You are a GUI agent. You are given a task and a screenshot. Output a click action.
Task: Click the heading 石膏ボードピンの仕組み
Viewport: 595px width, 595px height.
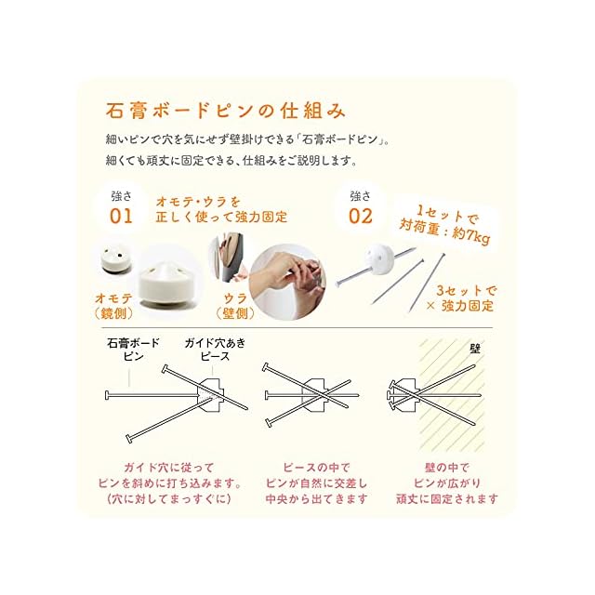(226, 111)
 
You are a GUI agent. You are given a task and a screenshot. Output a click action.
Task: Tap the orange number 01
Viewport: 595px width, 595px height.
(121, 217)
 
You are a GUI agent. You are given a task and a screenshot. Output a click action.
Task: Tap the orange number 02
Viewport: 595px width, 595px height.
(361, 217)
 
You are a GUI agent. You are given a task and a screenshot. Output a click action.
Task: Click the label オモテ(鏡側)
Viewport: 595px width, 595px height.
(113, 306)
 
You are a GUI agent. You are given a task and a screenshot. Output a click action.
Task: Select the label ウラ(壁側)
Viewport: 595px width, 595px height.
(235, 306)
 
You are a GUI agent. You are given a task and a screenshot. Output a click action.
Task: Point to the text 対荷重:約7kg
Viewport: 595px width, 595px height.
(444, 231)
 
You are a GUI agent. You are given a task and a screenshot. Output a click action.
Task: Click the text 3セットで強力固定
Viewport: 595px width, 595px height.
(462, 298)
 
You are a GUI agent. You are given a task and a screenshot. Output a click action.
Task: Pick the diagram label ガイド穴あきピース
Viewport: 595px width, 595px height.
(215, 350)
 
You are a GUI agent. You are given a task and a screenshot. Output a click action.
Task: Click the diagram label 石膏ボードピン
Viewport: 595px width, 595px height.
(133, 350)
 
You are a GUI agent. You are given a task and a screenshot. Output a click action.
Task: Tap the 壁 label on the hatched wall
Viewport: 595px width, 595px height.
(475, 349)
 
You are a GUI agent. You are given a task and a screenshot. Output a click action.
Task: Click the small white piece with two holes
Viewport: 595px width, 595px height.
(116, 259)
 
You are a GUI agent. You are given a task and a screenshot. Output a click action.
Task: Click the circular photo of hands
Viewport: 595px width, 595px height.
(287, 282)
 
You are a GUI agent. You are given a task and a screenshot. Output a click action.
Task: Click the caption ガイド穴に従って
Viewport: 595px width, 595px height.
(169, 468)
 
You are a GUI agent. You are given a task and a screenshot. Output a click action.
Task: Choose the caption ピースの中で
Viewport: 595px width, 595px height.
(316, 468)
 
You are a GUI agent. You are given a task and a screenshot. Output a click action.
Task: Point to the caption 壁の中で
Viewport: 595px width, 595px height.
(447, 468)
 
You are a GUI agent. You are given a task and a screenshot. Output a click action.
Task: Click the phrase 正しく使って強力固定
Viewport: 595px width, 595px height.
(221, 217)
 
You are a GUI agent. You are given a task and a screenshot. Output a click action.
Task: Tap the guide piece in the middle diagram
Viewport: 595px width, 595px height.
(314, 395)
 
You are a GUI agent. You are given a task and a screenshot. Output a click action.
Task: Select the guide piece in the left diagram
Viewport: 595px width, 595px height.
(211, 395)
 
